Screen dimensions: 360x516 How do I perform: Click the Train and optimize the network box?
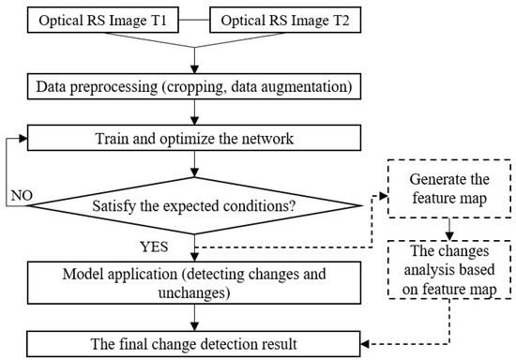click(193, 139)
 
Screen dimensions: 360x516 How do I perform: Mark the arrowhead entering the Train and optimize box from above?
click(193, 121)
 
